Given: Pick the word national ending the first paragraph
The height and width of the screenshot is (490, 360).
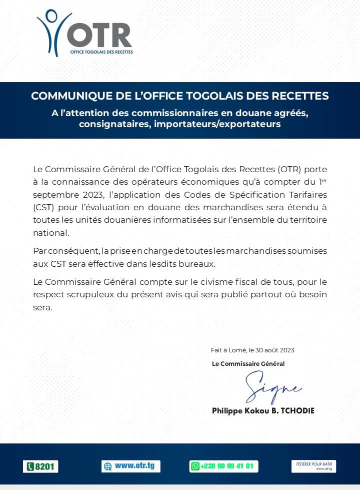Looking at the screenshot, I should point(50,233).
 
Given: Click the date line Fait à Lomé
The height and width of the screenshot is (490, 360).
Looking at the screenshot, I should point(252,350).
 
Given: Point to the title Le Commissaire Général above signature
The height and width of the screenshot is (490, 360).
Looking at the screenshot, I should point(248,364).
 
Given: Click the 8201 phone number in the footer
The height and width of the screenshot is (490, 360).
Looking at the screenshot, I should point(41,466).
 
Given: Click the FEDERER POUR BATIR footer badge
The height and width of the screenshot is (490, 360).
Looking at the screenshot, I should point(313,466).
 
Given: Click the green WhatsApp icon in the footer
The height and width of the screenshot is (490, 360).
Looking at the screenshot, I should point(195,466).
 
